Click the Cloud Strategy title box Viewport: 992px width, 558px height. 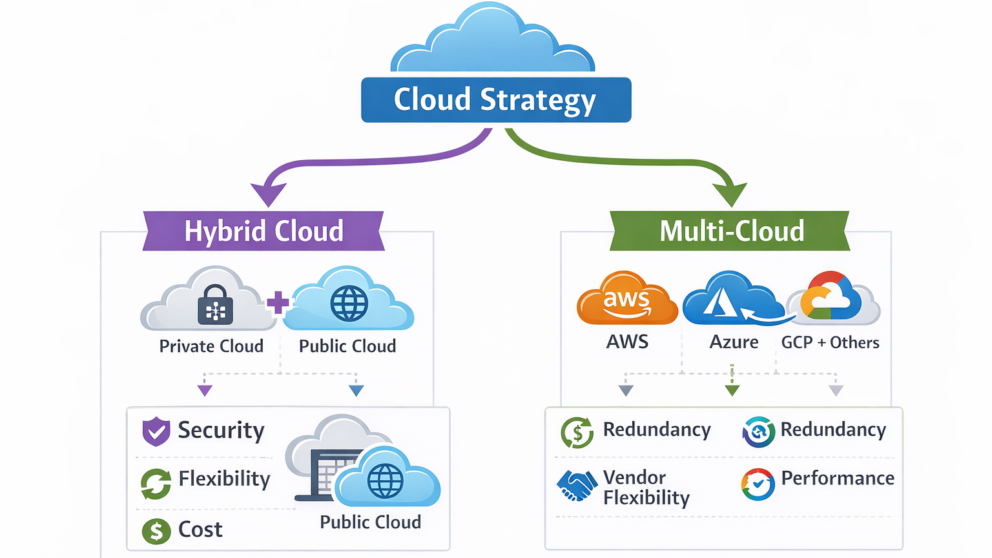tap(495, 100)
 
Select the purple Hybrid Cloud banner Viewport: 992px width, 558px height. tap(263, 231)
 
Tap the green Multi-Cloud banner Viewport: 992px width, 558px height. tap(730, 231)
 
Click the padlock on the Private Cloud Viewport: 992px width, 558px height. tap(215, 305)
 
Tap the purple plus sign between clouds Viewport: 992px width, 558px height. tap(278, 302)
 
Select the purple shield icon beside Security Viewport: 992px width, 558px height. tap(156, 431)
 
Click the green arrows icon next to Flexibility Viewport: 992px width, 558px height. tap(156, 484)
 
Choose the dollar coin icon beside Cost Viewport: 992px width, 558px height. tap(156, 532)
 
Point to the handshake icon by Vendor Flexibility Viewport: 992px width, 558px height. tap(576, 486)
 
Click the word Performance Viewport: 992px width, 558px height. tap(837, 479)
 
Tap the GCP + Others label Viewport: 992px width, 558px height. tap(830, 343)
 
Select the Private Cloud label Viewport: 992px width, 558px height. tap(211, 347)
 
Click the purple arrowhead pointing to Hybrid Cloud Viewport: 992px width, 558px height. tap(268, 193)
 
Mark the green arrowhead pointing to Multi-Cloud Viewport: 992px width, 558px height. tap(730, 193)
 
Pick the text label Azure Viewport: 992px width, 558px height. tap(734, 342)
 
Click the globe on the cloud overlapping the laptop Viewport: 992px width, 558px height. tap(385, 481)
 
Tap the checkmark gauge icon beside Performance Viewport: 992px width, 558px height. tap(758, 484)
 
